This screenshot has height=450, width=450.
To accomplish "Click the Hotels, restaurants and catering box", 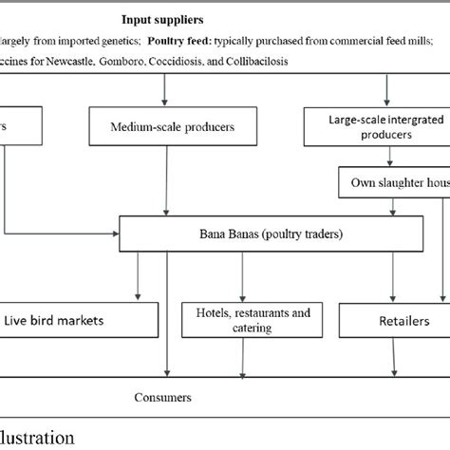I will (247, 320).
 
